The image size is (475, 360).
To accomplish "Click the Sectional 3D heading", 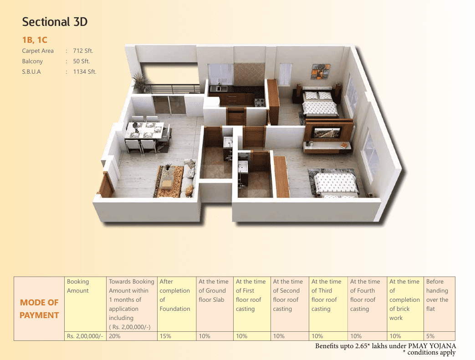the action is (55, 22).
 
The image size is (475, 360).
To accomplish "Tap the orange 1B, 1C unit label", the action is (35, 40).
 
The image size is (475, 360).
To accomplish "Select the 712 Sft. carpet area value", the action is (83, 51).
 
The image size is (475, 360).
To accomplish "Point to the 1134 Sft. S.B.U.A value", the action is (85, 72).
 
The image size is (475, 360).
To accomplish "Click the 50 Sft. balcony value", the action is (82, 61).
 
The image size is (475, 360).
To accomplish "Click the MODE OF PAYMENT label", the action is (39, 309).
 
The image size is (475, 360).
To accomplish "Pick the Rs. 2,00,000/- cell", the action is (85, 336).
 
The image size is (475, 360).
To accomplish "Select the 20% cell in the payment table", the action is (115, 336).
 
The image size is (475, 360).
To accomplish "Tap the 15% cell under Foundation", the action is (165, 336).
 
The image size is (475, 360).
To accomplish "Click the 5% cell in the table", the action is (430, 336).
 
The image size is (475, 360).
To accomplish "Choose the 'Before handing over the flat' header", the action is (437, 295).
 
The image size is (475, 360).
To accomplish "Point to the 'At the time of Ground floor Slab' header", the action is (214, 291).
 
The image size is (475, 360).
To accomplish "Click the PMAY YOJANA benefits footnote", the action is (385, 346).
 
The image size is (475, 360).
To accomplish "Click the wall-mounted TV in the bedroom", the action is (327, 132).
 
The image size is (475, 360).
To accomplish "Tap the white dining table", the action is (145, 130).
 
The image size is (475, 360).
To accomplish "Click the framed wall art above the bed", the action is (321, 71).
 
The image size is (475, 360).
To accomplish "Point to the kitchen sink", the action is (219, 88).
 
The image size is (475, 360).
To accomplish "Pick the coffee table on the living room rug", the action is (167, 177).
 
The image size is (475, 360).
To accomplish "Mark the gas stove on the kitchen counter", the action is (260, 102).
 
